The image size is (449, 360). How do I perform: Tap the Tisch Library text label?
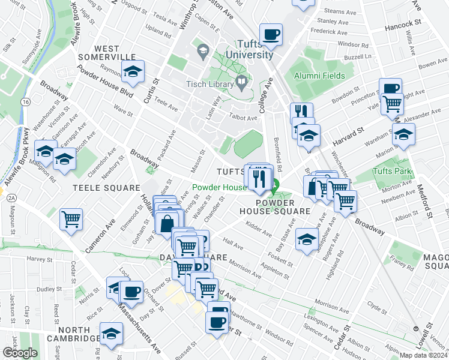212,83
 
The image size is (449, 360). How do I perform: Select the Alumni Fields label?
319,76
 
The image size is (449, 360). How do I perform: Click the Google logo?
20,353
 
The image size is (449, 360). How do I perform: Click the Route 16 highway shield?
25,103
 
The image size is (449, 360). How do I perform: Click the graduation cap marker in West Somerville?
133,71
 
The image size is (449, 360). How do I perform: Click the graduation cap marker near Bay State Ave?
307,240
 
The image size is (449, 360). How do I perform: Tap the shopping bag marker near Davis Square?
166,223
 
